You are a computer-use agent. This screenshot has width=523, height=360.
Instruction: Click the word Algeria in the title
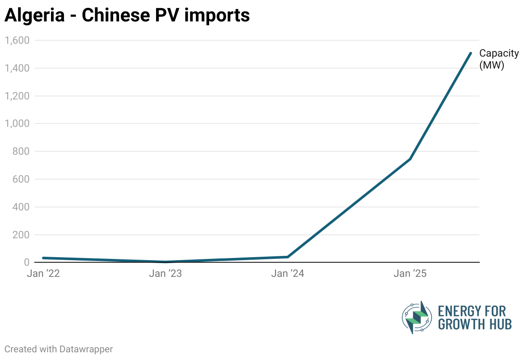(34, 15)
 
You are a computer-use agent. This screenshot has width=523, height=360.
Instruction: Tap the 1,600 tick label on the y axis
(16, 40)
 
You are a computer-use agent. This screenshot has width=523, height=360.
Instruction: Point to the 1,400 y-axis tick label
(16, 68)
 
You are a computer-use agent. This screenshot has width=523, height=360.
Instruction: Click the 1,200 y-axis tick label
(16, 96)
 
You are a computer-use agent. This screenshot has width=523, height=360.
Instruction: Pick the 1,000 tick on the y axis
(16, 123)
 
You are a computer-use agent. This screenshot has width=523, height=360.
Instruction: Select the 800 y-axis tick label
(21, 151)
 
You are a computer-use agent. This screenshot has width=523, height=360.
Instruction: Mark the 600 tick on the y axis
(21, 179)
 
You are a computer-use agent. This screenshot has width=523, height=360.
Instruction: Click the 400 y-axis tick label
(21, 207)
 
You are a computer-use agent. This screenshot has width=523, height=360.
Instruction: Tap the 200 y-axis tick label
(21, 235)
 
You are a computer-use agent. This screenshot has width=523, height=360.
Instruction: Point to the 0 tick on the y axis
(26, 262)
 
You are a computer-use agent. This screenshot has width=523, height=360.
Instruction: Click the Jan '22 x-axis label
(43, 274)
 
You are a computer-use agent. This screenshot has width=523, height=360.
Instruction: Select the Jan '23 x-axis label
(165, 274)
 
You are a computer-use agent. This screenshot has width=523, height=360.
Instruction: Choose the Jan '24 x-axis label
(288, 274)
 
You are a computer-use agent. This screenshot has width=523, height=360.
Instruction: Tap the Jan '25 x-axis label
(410, 274)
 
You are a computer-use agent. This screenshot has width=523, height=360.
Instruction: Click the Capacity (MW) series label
(499, 59)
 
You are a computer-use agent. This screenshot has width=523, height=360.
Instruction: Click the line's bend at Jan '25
(410, 159)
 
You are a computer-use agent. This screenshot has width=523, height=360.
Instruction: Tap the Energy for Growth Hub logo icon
(416, 317)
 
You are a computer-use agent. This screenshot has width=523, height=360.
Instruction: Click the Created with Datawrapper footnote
(59, 349)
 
